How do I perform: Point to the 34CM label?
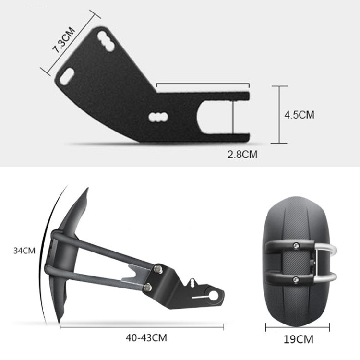[x=24, y=250]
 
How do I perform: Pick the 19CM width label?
[x=298, y=339]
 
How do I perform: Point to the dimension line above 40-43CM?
[x=142, y=327]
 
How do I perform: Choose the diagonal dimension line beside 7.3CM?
[x=68, y=43]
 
